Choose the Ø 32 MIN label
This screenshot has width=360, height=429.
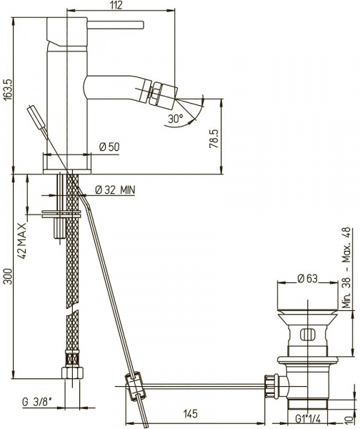click(x=115, y=189)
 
